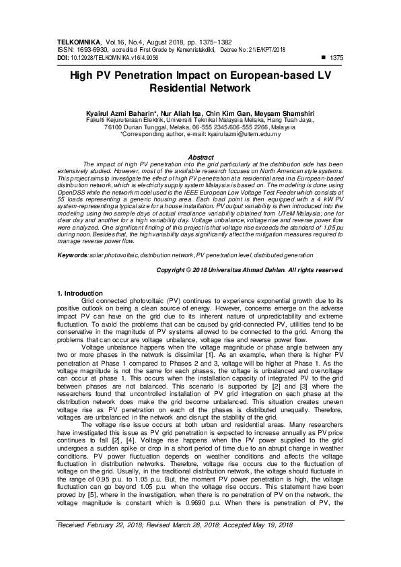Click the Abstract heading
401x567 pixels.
click(x=200, y=157)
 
